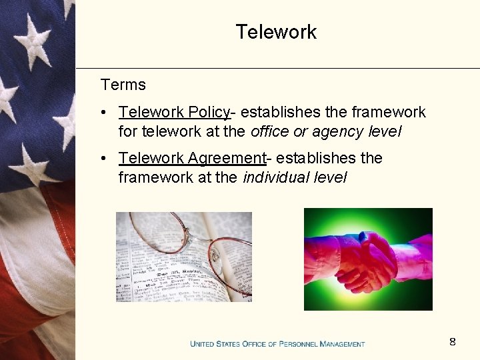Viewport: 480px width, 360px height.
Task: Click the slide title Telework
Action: click(276, 32)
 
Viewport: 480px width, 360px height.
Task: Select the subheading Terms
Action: click(123, 85)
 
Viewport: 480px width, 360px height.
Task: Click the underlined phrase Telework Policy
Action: click(174, 112)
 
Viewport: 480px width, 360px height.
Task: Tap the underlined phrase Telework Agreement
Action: click(192, 158)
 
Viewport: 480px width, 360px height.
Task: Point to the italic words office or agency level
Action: click(326, 131)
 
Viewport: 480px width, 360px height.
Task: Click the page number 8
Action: click(453, 342)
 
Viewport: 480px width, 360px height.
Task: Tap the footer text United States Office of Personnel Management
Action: click(277, 344)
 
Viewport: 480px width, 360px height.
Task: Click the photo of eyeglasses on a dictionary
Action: click(184, 257)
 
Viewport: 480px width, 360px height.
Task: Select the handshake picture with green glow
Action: click(368, 259)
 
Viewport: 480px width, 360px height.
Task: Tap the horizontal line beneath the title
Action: click(277, 68)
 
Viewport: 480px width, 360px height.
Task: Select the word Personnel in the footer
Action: click(297, 344)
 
